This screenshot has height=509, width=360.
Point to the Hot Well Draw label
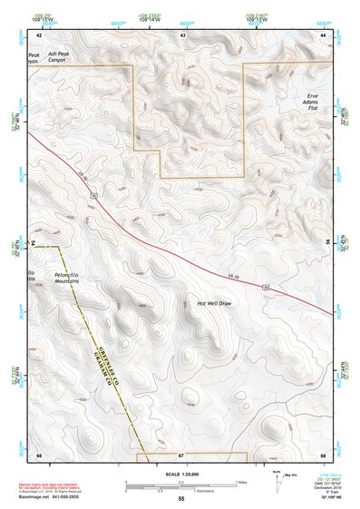pos(215,302)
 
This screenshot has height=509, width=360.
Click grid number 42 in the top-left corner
pos(39,34)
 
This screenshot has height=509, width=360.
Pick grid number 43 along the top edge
pos(183,34)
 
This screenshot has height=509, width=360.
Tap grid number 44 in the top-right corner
pos(323,34)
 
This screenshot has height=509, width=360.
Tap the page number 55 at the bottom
pos(180,499)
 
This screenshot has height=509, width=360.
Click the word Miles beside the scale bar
pos(241,481)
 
